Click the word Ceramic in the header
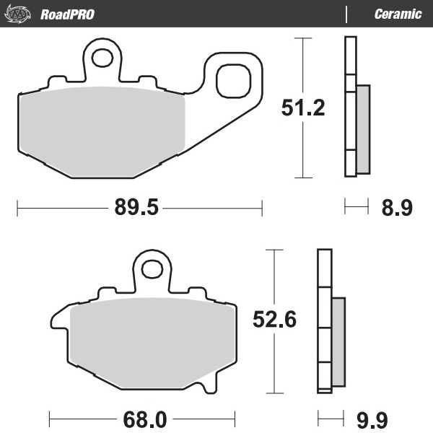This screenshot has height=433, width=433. pyautogui.click(x=398, y=14)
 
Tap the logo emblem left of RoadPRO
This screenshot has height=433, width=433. pyautogui.click(x=20, y=14)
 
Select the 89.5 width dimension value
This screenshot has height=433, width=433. pyautogui.click(x=136, y=209)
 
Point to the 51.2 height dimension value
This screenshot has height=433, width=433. pyautogui.click(x=302, y=108)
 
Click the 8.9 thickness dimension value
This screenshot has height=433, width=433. pyautogui.click(x=396, y=209)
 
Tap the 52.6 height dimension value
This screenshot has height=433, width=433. pyautogui.click(x=274, y=319)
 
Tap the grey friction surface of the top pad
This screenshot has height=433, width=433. pyautogui.click(x=101, y=130)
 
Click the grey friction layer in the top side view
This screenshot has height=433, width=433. pyautogui.click(x=362, y=129)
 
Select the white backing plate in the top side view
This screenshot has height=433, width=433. pyautogui.click(x=351, y=108)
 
